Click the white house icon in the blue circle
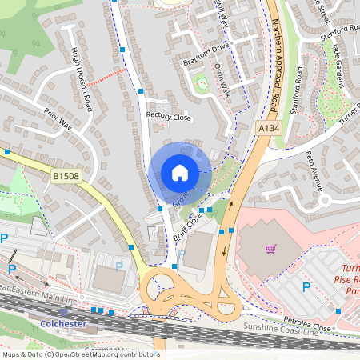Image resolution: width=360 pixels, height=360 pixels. tap(179, 173)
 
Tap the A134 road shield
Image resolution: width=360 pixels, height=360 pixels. tap(268, 128)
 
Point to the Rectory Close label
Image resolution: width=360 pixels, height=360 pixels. tap(169, 116)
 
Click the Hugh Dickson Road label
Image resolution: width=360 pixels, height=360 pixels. tap(82, 81)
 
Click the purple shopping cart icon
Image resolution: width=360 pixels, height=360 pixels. tap(270, 249)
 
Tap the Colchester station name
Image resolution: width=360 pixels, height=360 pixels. tap(62, 324)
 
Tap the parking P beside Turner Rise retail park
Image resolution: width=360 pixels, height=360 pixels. tap(305, 286)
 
